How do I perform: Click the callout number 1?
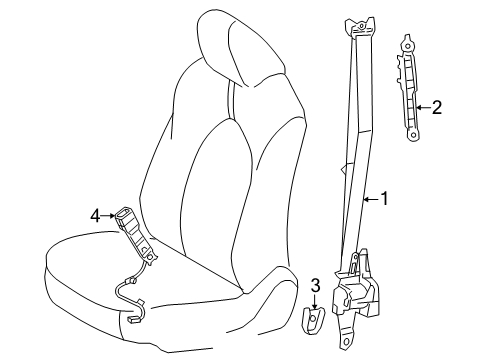[383, 200]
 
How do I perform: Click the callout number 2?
[437, 106]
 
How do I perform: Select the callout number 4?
[95, 214]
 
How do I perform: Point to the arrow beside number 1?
[369, 200]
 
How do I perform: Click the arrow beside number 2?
[423, 106]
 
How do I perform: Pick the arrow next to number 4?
[109, 214]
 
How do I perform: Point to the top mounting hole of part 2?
[408, 44]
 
